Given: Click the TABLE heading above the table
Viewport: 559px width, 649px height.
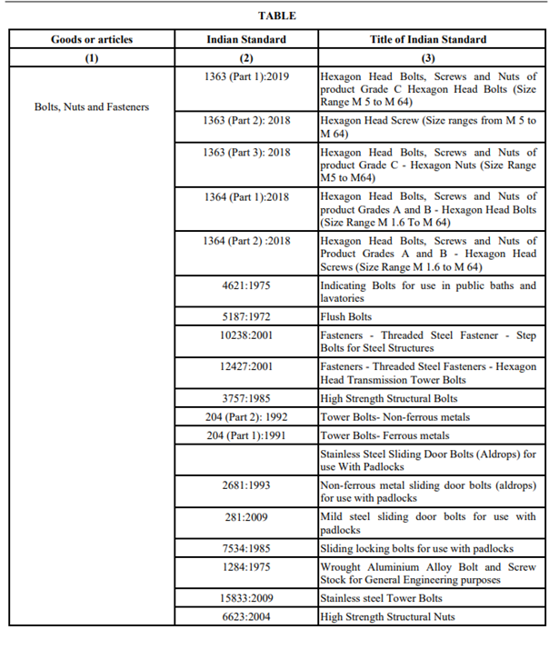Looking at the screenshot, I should (x=277, y=15).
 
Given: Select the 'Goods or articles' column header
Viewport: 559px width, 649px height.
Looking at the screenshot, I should (x=92, y=40).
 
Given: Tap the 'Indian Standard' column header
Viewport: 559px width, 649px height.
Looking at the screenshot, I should (x=246, y=40).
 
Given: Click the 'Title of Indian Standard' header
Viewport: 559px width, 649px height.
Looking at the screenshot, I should (x=428, y=40).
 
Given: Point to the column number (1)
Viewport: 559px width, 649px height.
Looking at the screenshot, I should (x=92, y=58).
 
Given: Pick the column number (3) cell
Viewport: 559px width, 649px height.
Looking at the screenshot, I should (x=428, y=58).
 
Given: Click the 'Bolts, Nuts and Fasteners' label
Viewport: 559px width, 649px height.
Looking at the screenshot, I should (x=92, y=106).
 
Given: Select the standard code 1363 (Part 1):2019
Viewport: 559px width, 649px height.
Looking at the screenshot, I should (x=246, y=76).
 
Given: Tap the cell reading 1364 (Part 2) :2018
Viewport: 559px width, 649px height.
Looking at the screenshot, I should (x=246, y=241).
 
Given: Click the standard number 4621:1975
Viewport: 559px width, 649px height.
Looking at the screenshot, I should (x=246, y=285).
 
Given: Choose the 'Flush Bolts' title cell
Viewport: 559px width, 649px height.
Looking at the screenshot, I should (x=346, y=317).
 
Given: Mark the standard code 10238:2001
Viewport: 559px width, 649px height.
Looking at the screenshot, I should (x=246, y=335).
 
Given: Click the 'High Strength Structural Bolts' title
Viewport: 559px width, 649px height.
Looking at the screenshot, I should (x=389, y=398).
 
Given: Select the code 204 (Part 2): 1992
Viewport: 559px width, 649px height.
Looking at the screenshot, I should (x=246, y=416).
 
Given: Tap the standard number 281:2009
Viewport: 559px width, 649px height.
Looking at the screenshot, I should (x=246, y=517).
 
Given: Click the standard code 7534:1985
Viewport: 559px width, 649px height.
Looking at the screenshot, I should (x=246, y=548).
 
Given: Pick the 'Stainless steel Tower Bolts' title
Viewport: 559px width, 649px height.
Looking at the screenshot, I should (x=382, y=599).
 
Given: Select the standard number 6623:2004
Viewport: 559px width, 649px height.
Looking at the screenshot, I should (x=246, y=617).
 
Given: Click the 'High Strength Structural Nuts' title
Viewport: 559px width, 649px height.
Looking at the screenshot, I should (x=388, y=617).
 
